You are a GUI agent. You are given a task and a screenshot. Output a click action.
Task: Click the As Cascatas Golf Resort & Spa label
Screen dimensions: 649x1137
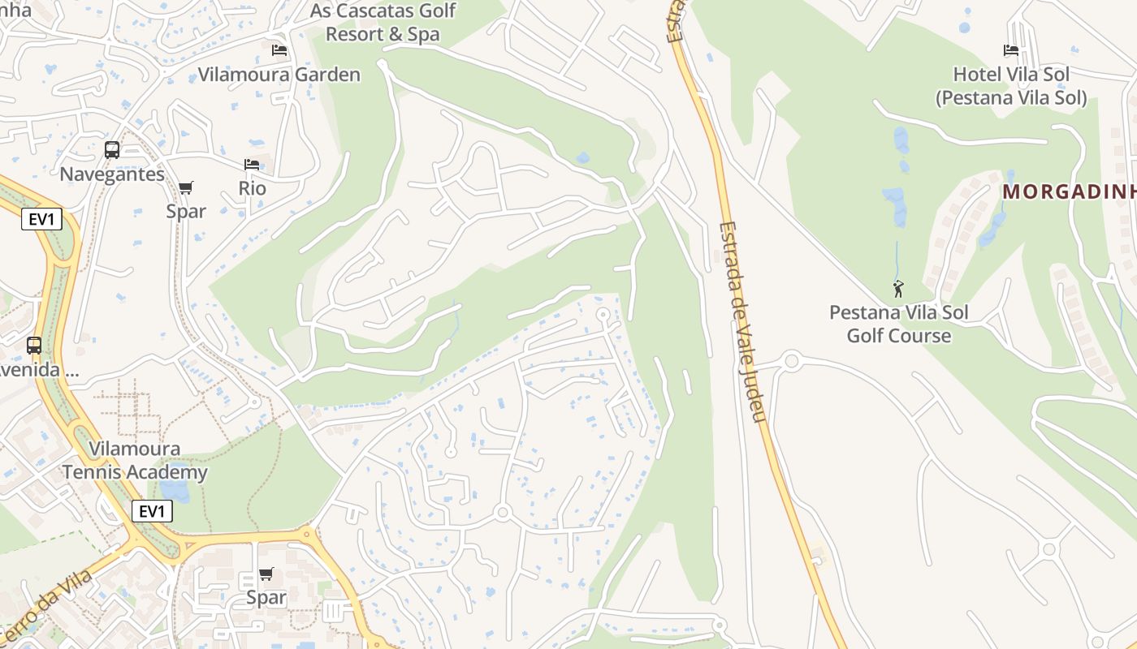383,23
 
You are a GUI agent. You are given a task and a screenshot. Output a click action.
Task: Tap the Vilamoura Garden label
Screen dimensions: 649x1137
279,75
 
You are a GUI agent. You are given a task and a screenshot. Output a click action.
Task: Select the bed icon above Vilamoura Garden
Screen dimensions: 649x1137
279,50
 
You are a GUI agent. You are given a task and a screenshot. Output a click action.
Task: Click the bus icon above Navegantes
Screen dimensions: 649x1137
112,150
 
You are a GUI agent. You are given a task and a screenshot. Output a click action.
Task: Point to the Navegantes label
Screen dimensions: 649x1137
112,174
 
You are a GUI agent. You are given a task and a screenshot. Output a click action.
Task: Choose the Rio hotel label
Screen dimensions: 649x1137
252,188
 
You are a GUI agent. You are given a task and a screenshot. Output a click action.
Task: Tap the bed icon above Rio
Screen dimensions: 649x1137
252,165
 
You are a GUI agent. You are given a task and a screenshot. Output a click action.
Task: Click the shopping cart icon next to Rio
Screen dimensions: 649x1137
186,188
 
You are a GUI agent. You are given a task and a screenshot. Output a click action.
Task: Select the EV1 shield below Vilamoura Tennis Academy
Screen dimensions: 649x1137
152,511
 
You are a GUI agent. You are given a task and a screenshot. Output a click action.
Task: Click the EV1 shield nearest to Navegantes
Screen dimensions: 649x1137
41,218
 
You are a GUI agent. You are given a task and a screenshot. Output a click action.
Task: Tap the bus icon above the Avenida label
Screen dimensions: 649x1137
34,346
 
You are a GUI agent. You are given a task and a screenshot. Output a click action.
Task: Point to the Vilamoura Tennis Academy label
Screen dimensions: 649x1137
135,460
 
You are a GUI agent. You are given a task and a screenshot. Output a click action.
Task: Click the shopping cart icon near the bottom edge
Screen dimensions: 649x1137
266,574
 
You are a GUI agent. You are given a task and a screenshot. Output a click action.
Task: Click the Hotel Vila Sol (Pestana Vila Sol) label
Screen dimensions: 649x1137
1011,86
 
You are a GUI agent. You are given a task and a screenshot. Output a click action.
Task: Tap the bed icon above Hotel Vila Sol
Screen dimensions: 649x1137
1011,50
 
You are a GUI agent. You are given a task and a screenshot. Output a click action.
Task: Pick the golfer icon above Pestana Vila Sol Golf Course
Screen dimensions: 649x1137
898,289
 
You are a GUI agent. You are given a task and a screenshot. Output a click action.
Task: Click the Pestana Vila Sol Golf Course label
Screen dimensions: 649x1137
898,324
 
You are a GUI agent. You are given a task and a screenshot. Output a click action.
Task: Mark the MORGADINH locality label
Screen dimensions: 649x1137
1069,192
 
